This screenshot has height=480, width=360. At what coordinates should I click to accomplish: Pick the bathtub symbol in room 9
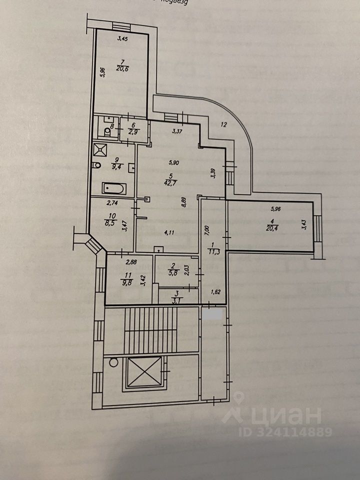point(114,189)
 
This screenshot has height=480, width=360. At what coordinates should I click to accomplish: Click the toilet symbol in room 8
point(106,132)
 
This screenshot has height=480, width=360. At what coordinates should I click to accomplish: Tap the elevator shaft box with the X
point(145,372)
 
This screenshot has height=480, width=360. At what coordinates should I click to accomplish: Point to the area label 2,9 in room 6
point(133,132)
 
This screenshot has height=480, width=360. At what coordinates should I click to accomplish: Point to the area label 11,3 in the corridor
point(217,250)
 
